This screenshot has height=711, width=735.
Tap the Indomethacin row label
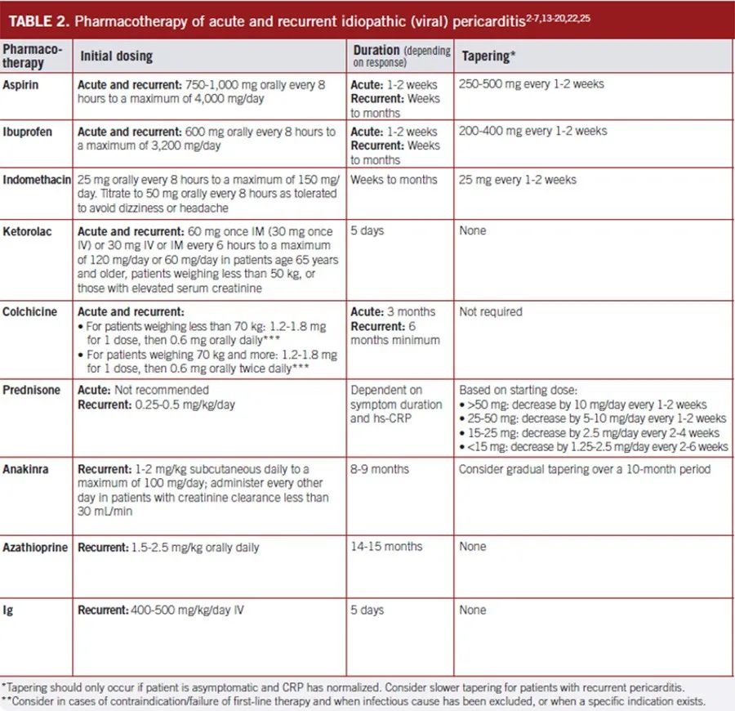click(37, 180)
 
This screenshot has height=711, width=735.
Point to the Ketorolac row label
click(26, 231)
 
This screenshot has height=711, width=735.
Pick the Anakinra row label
click(25, 469)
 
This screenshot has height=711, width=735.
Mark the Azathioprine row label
click(36, 547)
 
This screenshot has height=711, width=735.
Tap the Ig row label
click(7, 610)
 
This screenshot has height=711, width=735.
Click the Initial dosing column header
click(116, 56)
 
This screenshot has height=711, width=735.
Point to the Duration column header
click(376, 51)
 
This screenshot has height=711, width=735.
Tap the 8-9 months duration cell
click(380, 469)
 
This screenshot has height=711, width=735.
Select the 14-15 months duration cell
click(386, 547)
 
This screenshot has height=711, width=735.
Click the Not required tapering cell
click(491, 311)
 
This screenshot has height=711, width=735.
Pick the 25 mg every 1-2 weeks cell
click(517, 180)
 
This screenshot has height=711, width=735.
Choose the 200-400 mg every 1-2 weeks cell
click(532, 131)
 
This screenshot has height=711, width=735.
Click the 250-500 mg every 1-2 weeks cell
click(532, 84)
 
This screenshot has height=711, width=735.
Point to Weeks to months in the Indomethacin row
click(394, 180)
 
